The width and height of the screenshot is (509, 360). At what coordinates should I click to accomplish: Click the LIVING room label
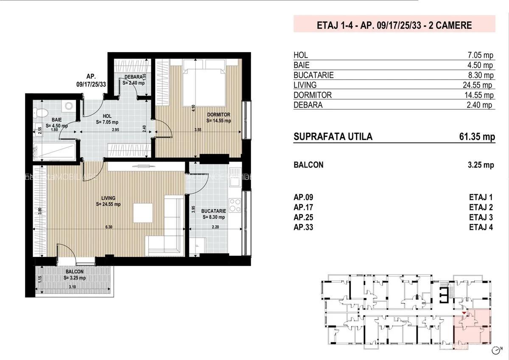[x=109, y=198]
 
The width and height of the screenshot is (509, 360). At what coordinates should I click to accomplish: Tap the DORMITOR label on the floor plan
[x=218, y=115]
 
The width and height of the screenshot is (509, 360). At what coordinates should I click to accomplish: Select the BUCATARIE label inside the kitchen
[x=213, y=211]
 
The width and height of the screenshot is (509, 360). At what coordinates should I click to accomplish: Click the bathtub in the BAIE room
[x=54, y=151]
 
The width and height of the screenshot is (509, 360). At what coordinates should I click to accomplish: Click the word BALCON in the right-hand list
[x=308, y=165]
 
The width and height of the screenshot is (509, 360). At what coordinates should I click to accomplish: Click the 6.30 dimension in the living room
[x=109, y=227]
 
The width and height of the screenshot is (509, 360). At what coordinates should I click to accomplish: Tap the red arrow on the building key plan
[x=464, y=313]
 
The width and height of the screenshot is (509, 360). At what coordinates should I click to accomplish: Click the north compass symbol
[x=497, y=350]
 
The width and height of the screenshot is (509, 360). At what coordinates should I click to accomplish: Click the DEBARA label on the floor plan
[x=133, y=77]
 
